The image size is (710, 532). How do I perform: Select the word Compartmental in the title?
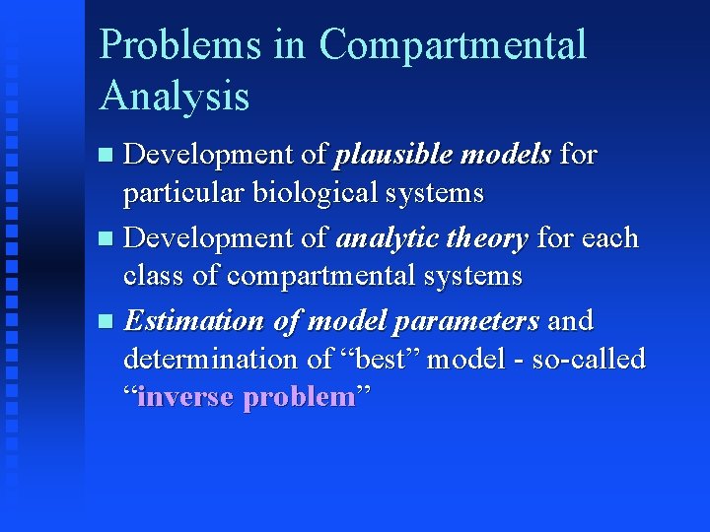pos(453,46)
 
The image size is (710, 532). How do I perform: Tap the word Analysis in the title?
pos(175,97)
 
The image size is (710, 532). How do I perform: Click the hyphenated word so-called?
pos(589,360)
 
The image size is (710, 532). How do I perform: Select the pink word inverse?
pos(186,397)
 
